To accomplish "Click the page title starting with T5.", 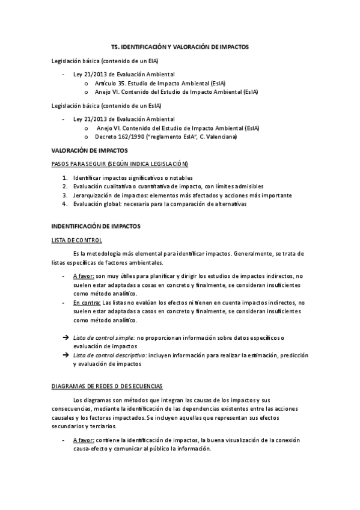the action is pos(180,46).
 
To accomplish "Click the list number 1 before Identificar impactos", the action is pos(65,178).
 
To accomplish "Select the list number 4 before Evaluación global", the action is pos(65,204).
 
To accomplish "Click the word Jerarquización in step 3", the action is pos(93,195).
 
